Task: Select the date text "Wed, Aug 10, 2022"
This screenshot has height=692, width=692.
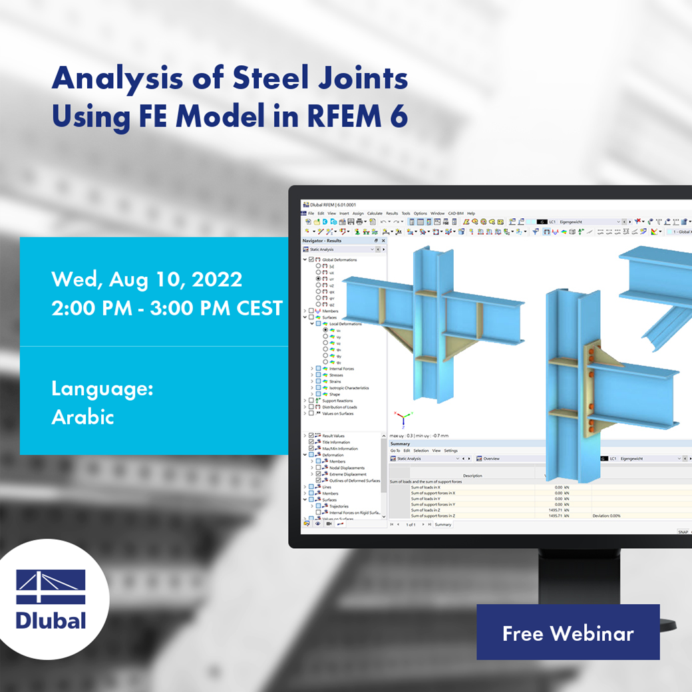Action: point(146,279)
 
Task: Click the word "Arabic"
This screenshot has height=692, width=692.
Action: point(83,417)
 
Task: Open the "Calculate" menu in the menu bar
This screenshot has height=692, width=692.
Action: point(375,214)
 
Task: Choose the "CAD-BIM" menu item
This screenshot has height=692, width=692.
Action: point(456,214)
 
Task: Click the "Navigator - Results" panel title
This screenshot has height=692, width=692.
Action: point(322,240)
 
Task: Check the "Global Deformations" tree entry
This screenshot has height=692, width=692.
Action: point(339,259)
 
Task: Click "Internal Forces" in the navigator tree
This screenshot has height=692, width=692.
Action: point(341,369)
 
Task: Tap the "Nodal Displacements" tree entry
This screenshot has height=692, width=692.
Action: point(347,468)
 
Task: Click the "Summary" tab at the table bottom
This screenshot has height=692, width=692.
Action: point(443,524)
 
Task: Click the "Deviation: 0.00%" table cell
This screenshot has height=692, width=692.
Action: point(606,516)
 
